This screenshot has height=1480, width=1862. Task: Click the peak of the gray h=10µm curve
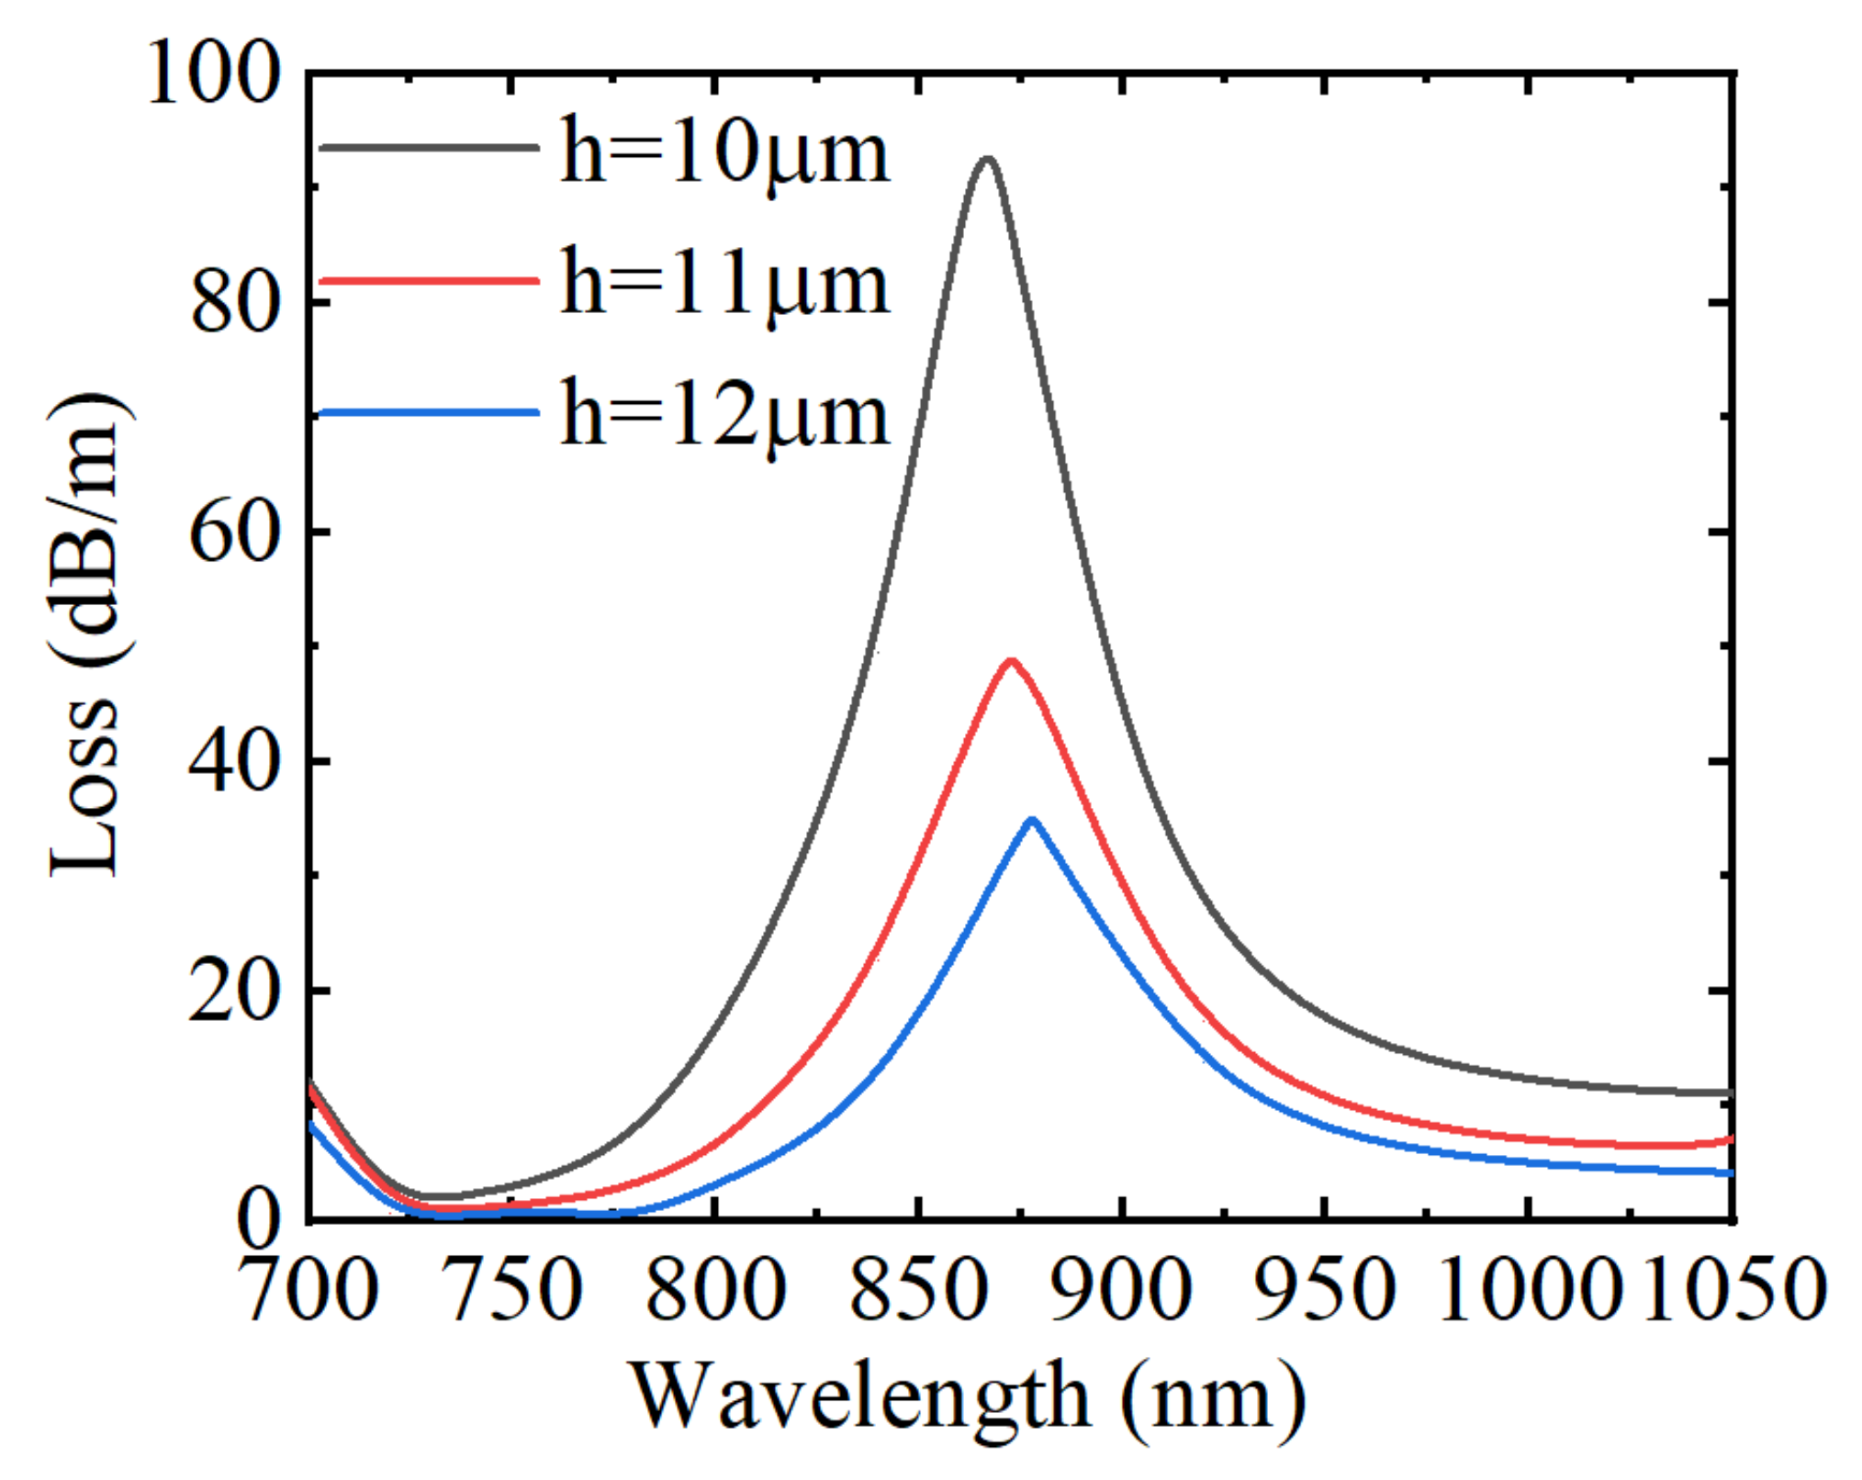pos(987,160)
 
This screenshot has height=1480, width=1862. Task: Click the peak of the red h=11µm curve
pos(1011,661)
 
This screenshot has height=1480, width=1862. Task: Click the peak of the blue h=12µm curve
pos(1032,819)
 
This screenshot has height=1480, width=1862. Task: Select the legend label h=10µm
pos(725,152)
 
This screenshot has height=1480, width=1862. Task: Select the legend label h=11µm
pos(725,284)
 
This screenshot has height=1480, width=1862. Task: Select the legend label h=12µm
pos(725,415)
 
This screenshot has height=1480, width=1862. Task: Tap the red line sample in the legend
pos(429,280)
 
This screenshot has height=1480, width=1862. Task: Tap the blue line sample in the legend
pos(429,413)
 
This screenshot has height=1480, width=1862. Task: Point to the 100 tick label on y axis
pos(212,73)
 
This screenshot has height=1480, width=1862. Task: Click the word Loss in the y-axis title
pos(84,790)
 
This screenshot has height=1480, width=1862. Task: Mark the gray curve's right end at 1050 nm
pos(1731,1093)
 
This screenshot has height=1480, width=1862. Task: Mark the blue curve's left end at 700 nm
pos(312,1124)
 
